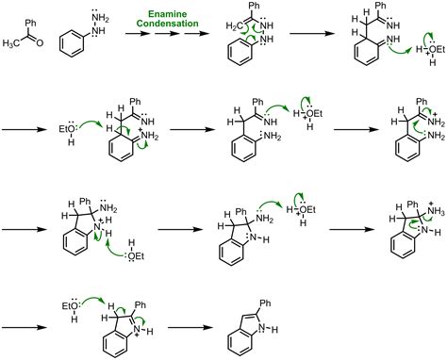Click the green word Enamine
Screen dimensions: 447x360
[167, 14]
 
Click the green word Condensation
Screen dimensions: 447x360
[167, 24]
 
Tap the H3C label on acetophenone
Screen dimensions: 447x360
[10, 43]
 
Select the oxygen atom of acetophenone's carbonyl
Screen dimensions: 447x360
[40, 42]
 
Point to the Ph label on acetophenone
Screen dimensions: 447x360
[30, 23]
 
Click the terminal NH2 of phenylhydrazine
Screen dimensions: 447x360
[100, 19]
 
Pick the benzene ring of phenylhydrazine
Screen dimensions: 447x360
[72, 43]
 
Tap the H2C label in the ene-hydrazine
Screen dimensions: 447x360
[234, 26]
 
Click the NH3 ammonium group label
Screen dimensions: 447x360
[436, 211]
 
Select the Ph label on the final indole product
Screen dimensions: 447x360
[266, 303]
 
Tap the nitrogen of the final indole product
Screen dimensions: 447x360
[261, 329]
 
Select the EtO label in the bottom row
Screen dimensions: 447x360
[70, 305]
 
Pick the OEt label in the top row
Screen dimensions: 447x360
[438, 49]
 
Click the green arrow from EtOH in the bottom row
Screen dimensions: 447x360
[93, 300]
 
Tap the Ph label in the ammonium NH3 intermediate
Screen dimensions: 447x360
[413, 205]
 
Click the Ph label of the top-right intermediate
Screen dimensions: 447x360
[381, 6]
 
